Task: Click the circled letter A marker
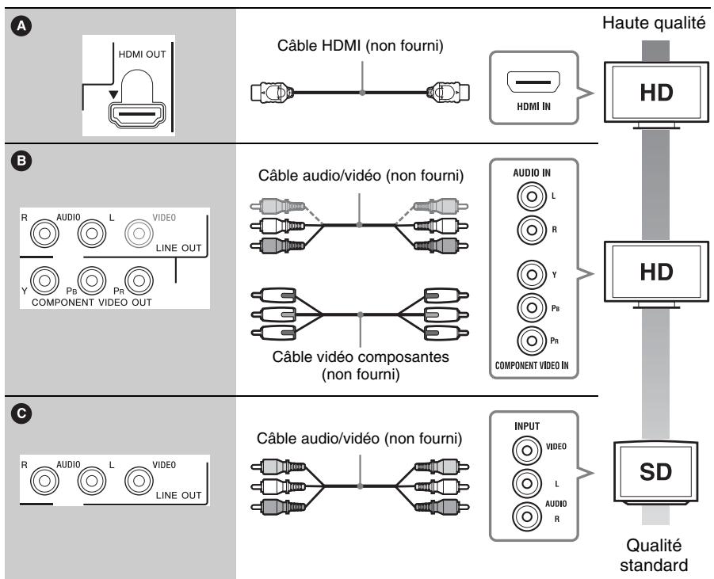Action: [x=21, y=27]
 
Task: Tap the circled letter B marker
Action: [x=21, y=161]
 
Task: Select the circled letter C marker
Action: [x=21, y=413]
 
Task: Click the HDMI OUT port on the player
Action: [x=137, y=114]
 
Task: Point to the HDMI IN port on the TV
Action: [x=533, y=82]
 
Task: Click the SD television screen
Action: [x=655, y=471]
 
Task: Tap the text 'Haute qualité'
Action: [x=654, y=22]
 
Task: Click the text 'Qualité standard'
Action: [x=654, y=555]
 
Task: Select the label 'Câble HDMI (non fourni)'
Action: [x=361, y=45]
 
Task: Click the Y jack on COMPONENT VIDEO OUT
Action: [x=44, y=280]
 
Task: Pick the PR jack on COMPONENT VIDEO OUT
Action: [x=139, y=280]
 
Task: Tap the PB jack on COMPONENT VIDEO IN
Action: [x=532, y=307]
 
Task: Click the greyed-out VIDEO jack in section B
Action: [x=139, y=233]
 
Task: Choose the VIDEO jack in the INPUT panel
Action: [x=527, y=450]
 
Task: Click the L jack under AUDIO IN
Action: [x=532, y=196]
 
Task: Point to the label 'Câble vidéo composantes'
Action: [x=361, y=357]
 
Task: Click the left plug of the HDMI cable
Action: [x=272, y=93]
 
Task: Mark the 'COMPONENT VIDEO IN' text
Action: [x=532, y=365]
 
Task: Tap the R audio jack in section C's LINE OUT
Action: [x=44, y=480]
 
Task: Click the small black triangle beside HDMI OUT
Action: [x=113, y=95]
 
